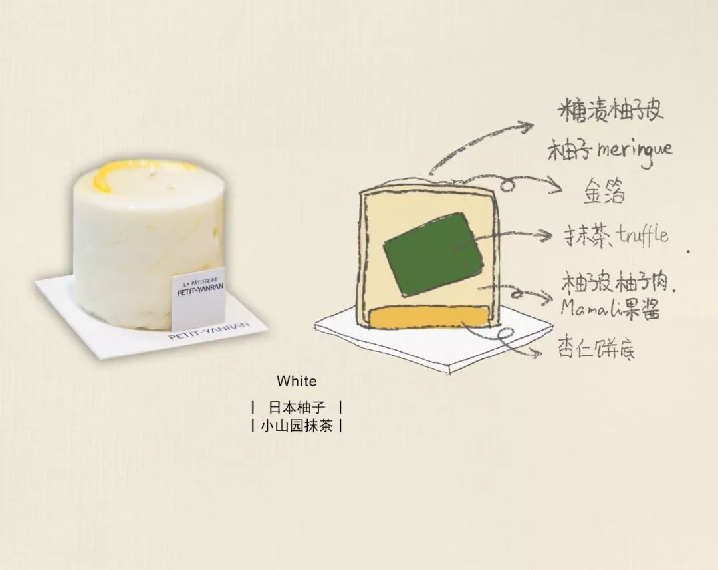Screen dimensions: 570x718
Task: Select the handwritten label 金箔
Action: tap(604, 193)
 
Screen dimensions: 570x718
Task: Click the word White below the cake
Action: tap(297, 382)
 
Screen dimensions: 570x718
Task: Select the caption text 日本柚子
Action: tap(297, 406)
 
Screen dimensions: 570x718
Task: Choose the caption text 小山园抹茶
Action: tap(297, 426)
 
